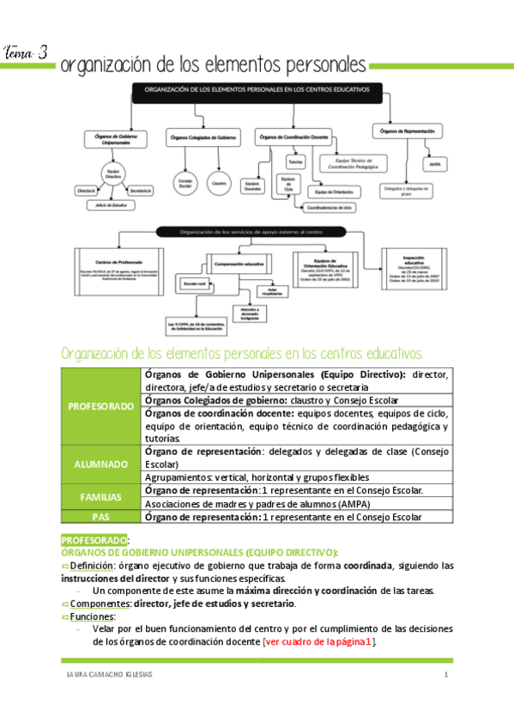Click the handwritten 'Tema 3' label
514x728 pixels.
pos(26,53)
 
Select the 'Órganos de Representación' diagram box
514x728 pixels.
pos(407,130)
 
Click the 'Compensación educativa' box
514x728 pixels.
pos(238,264)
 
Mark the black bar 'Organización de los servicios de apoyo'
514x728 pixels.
pos(250,230)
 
